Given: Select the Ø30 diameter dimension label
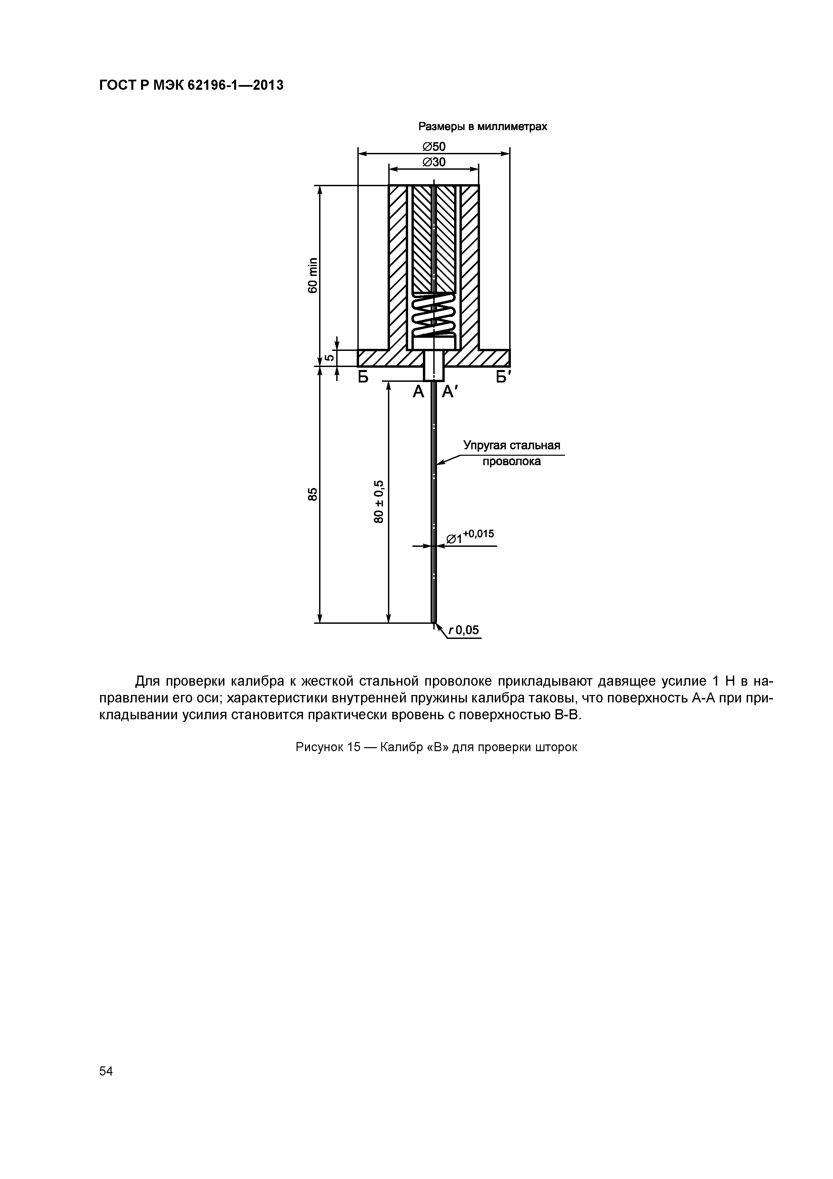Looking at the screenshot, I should tap(434, 162).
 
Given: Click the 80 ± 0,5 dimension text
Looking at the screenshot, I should tap(379, 502).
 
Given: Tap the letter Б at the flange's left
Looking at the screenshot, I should tap(363, 377).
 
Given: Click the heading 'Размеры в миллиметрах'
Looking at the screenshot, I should tap(482, 126).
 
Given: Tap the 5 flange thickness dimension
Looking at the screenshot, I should tap(330, 358).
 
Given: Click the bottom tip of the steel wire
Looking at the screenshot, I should tap(434, 622).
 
